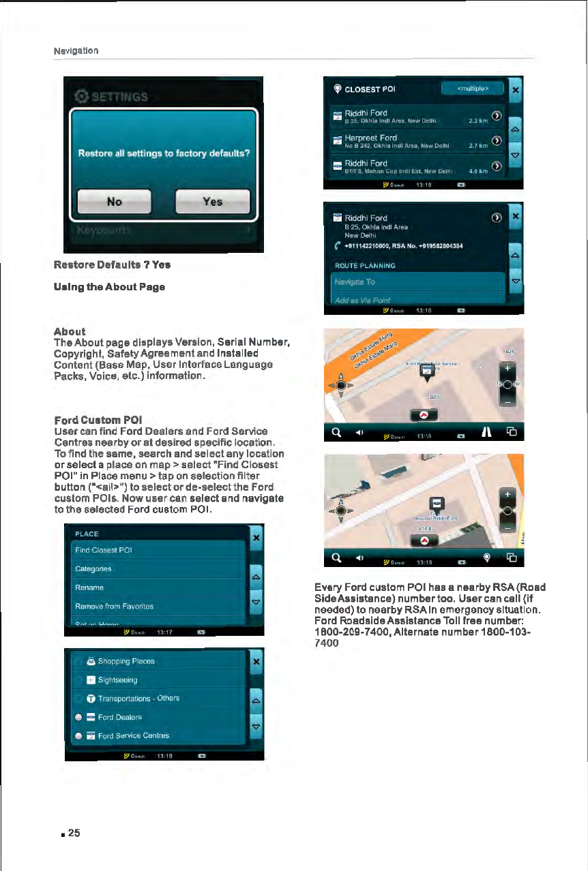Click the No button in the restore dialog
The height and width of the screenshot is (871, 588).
[x=114, y=202]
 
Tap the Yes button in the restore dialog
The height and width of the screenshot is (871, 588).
[x=212, y=202]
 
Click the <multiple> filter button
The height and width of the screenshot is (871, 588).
[x=472, y=89]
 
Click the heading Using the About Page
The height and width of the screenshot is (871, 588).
[x=109, y=287]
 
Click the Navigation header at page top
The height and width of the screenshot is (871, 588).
[x=76, y=51]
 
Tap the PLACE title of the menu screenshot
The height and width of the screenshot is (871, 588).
[x=87, y=534]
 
